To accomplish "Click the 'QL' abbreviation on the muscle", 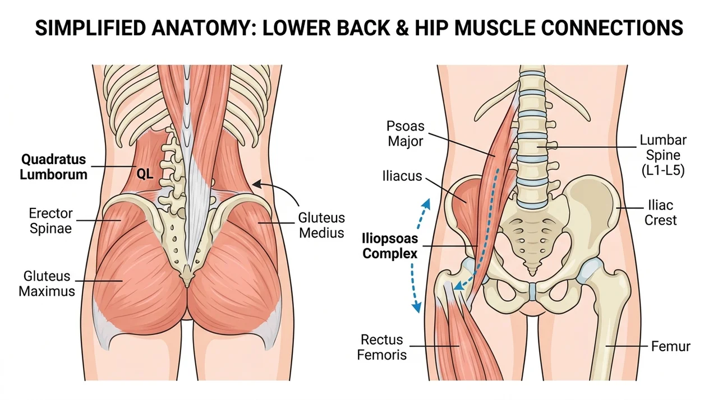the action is click(145, 174).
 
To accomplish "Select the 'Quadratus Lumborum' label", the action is click(53, 167).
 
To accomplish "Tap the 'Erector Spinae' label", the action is click(50, 221).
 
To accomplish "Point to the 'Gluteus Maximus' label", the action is click(47, 283).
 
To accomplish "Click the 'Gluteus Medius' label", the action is click(321, 225).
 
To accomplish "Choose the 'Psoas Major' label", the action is click(405, 133).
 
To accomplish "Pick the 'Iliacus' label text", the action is click(402, 176).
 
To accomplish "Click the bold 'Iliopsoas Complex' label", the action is click(390, 246).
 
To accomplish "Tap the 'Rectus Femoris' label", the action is click(382, 347).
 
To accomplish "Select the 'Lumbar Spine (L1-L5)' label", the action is click(663, 155).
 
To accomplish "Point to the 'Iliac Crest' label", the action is click(660, 213).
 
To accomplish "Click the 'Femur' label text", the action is click(670, 347).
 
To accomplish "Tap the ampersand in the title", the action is click(402, 28).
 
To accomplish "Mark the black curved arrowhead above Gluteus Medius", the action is click(257, 184).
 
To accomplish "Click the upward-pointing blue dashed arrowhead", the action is click(426, 203).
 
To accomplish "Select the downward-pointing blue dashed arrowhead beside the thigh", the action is click(416, 308).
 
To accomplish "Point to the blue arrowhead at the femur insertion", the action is click(459, 285).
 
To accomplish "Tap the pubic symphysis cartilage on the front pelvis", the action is click(532, 291).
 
